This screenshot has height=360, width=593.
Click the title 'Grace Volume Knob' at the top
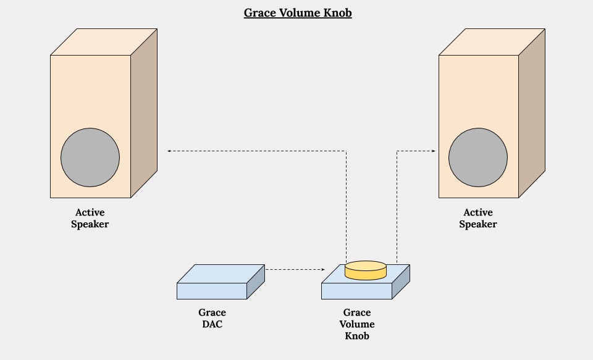tap(297, 13)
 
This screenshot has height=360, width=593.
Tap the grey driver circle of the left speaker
tap(90, 157)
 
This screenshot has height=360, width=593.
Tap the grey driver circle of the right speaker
tap(478, 157)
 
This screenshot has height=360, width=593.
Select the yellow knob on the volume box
tap(365, 270)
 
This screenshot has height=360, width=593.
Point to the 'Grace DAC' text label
tap(212, 318)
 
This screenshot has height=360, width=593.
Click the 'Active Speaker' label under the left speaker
tap(90, 219)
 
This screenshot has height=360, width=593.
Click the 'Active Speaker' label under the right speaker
tap(478, 219)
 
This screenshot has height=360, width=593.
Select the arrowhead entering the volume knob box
tap(322, 269)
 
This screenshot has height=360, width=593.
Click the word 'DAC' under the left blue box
tap(212, 324)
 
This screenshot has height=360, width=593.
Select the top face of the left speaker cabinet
tap(103, 42)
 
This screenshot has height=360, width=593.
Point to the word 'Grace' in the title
tap(258, 13)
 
